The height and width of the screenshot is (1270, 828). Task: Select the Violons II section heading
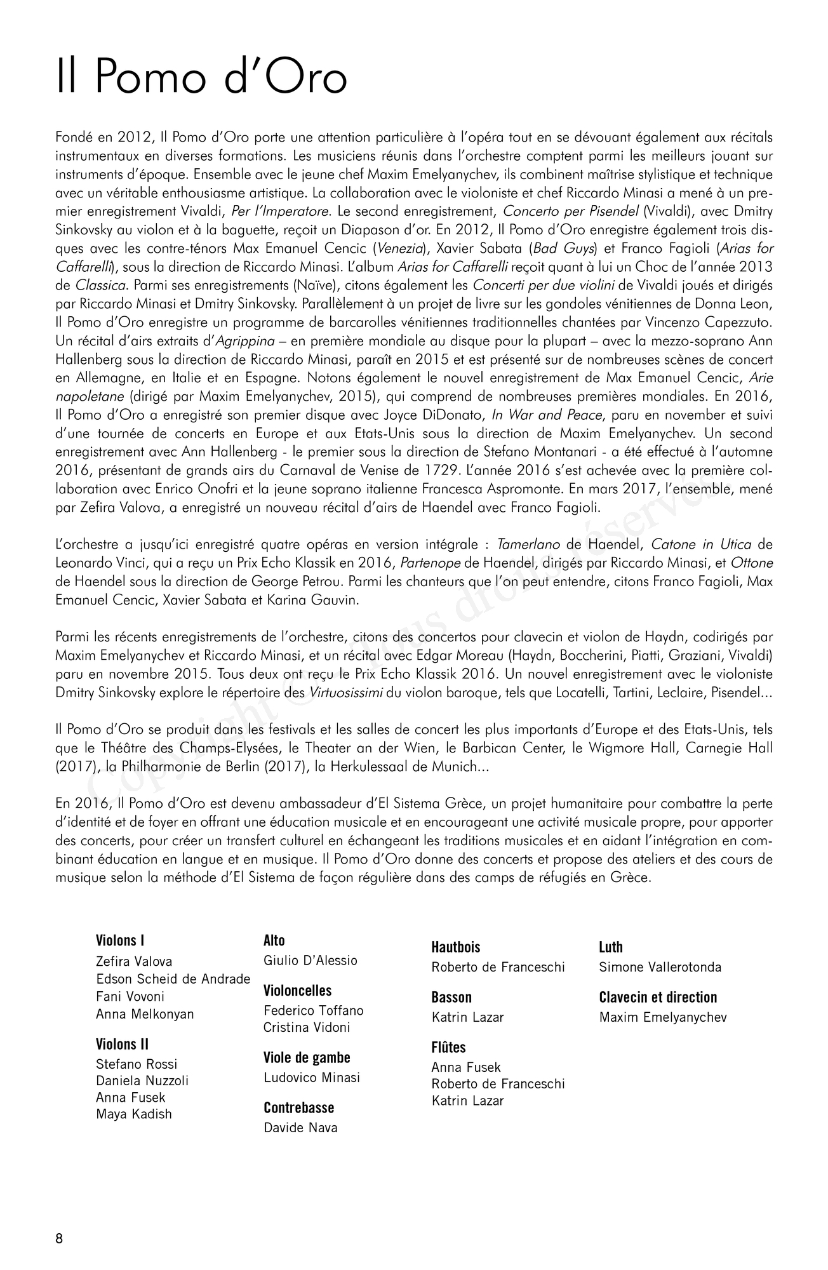(x=122, y=1044)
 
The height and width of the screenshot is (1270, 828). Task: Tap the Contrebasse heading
(x=298, y=1107)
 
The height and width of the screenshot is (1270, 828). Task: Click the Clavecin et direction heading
(x=658, y=997)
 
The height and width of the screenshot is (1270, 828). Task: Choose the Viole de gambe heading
(x=307, y=1057)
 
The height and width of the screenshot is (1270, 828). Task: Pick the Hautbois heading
(x=456, y=947)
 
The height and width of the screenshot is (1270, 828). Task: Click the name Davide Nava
(x=300, y=1128)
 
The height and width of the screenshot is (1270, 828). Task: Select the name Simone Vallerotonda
(x=660, y=967)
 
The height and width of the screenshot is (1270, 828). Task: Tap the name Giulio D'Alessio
(x=310, y=960)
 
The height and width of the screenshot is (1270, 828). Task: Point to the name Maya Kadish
(x=134, y=1114)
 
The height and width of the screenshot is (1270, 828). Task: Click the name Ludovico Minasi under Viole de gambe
(x=312, y=1077)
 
